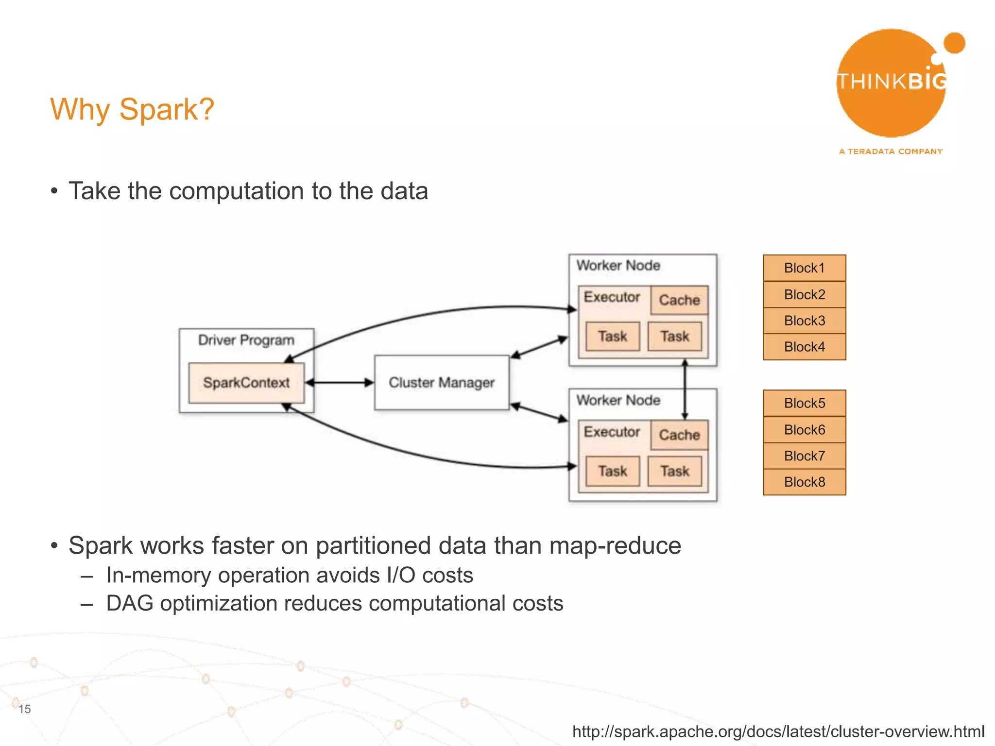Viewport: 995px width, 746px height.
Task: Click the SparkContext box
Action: click(246, 383)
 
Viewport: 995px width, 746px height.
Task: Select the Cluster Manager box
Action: click(441, 383)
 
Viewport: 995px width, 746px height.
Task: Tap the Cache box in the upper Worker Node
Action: click(679, 300)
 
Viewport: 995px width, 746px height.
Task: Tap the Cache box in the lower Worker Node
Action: click(679, 435)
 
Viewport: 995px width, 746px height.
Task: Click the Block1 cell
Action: click(804, 268)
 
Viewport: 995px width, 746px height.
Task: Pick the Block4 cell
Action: click(804, 347)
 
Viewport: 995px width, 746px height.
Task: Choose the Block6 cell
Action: click(804, 430)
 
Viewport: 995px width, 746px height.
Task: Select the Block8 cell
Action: click(804, 482)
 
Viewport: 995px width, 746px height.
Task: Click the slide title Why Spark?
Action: click(132, 109)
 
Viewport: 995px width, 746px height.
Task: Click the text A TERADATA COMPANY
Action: click(891, 152)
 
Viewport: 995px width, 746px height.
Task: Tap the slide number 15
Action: click(25, 709)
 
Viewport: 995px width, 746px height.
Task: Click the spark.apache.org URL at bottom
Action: click(778, 731)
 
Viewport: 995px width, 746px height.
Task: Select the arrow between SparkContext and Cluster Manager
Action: click(340, 383)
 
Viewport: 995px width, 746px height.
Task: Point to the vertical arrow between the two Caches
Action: click(685, 389)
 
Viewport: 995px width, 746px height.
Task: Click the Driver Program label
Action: click(246, 340)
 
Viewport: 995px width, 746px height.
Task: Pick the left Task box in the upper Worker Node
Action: click(613, 336)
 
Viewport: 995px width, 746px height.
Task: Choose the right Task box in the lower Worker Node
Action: click(675, 471)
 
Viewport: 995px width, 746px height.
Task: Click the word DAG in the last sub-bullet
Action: click(129, 604)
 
